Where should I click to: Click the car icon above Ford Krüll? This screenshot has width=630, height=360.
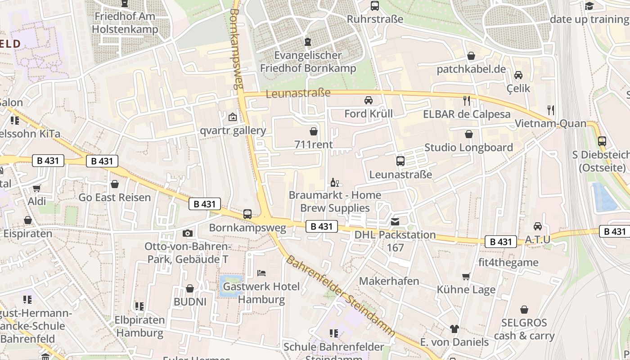pos(369,100)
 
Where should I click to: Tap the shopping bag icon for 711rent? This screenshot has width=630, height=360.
pos(314,131)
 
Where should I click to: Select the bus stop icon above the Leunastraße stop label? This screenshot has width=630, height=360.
pos(400,161)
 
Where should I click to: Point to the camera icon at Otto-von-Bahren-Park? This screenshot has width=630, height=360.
pos(188,233)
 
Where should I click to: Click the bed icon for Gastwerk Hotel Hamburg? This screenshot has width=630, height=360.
pos(261,273)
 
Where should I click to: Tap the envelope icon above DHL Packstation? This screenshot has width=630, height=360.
pos(395,221)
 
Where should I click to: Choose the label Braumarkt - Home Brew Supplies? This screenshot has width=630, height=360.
pos(335,201)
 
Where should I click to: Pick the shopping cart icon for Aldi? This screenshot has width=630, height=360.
pos(37,188)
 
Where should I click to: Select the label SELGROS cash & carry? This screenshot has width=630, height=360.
pos(524,329)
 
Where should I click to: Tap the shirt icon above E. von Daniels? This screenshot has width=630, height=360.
pos(454,329)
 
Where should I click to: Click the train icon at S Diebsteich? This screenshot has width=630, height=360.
pos(602,141)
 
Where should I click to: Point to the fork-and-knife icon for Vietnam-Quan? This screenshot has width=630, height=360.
pos(550,110)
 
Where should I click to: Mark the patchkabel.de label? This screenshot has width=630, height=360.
pos(471,69)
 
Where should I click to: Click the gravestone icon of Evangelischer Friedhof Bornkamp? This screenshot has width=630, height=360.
pos(308,42)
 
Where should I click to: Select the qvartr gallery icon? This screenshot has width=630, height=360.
pos(233,117)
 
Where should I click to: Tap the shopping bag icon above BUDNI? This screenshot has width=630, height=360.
pos(190,288)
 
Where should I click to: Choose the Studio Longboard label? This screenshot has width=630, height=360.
pos(468,148)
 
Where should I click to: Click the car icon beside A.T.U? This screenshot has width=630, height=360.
pos(538,226)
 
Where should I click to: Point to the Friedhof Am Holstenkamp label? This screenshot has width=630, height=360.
pos(125,23)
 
